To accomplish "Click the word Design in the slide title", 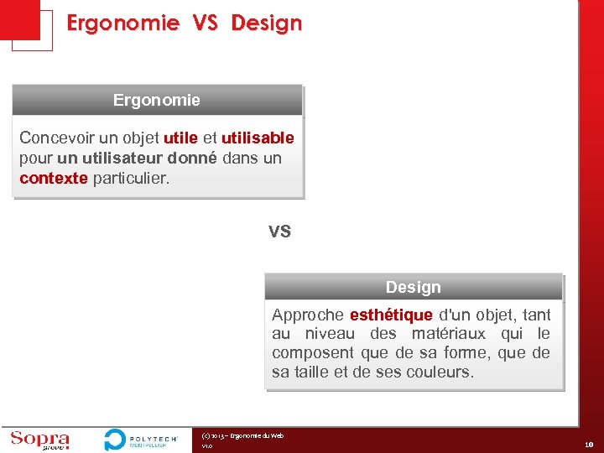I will coord(266,23).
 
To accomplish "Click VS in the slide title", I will coord(205,23).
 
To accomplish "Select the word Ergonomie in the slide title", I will coord(122,23).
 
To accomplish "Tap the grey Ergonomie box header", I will coord(157,100).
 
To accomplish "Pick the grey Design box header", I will coord(413,287).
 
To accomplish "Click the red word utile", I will coord(181,138).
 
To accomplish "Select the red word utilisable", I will coord(258,138).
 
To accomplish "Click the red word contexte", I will coord(54,178).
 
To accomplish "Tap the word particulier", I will coord(131,178).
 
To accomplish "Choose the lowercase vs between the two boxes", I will coord(279,231).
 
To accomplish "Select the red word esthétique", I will coord(391,315).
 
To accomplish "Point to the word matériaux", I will coord(447,334).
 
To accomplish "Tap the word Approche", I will coord(307,315).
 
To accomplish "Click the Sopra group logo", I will coord(39,440).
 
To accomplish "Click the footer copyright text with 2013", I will coord(242,435).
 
